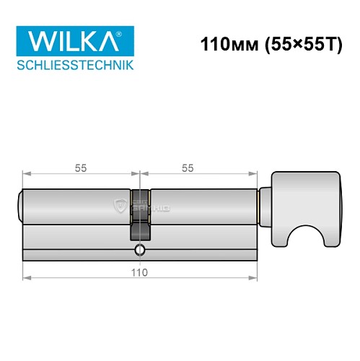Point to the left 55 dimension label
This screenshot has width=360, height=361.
80,168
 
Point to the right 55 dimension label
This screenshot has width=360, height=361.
187,168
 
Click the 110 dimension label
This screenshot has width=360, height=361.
139,272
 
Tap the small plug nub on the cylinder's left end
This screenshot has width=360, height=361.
19,206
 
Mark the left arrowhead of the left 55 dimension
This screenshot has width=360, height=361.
26,174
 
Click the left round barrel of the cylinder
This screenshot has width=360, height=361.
76,206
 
